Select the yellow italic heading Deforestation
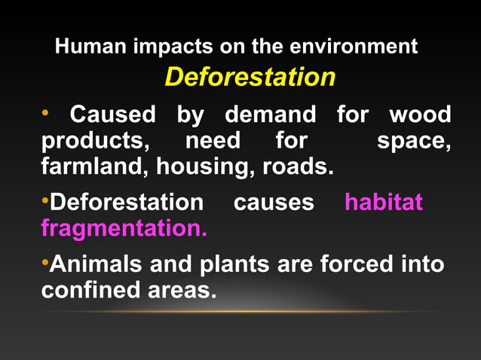[x=250, y=78]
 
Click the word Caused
[x=112, y=115]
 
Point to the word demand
[x=271, y=115]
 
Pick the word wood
[x=420, y=115]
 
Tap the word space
[x=414, y=142]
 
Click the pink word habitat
[x=383, y=203]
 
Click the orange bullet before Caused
[x=45, y=114]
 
